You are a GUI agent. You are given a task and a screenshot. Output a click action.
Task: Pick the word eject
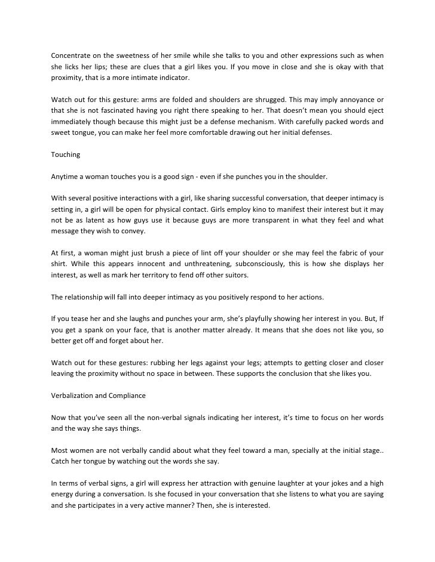click(375, 110)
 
